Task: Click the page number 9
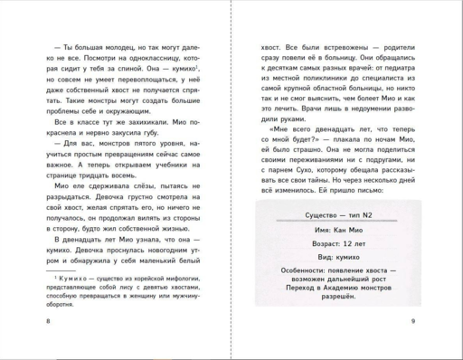tap(411, 320)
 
